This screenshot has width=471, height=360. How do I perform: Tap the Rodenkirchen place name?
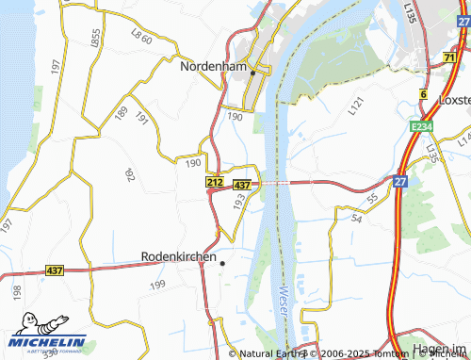pyautogui.click(x=179, y=255)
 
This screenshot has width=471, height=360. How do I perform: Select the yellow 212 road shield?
pyautogui.click(x=215, y=182)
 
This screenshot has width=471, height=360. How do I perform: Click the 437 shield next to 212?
pyautogui.click(x=241, y=184)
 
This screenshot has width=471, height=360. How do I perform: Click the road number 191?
pyautogui.click(x=142, y=119)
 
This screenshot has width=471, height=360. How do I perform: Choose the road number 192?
pyautogui.click(x=129, y=174)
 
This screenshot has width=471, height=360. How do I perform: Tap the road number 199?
pyautogui.click(x=157, y=284)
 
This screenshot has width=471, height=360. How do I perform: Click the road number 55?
pyautogui.click(x=373, y=199)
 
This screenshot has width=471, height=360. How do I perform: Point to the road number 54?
pyautogui.click(x=356, y=218)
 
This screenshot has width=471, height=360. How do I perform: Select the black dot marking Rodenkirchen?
pyautogui.click(x=221, y=264)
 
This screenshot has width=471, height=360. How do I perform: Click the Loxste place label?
pyautogui.click(x=454, y=99)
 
